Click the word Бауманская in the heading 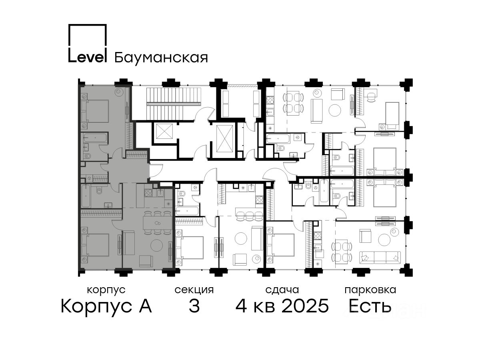tap(161, 58)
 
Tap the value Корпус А tap(106, 306)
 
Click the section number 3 tap(194, 306)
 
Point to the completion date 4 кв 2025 tap(282, 306)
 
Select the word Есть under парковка tap(370, 306)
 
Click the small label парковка tap(370, 290)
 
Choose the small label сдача tap(282, 290)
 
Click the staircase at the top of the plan tap(174, 104)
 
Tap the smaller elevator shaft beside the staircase tap(165, 131)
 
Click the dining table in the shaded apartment tap(157, 223)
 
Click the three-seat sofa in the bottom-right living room tap(380, 258)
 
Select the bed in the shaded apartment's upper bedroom tap(95, 111)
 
